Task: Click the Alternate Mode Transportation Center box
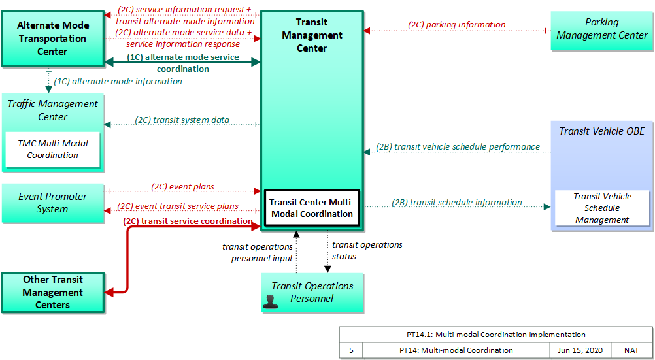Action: click(x=53, y=39)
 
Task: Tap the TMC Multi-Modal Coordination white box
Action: click(x=53, y=150)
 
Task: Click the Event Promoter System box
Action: click(x=53, y=203)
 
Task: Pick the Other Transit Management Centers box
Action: click(x=53, y=292)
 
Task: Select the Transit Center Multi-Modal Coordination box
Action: click(x=312, y=208)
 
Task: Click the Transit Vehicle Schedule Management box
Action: click(x=602, y=208)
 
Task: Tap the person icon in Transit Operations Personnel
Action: click(x=270, y=302)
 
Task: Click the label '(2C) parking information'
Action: click(x=456, y=25)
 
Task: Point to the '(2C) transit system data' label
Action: click(x=182, y=120)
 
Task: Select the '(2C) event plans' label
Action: click(x=182, y=187)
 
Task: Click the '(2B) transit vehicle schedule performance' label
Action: click(x=458, y=146)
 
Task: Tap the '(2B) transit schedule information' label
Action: click(x=456, y=202)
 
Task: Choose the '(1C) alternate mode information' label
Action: click(x=118, y=82)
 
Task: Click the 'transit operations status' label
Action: click(x=367, y=251)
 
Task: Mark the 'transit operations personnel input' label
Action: click(x=258, y=253)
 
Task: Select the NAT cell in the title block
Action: click(x=631, y=350)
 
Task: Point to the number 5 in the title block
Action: click(x=351, y=350)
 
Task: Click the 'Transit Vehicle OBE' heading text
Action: click(x=602, y=131)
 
